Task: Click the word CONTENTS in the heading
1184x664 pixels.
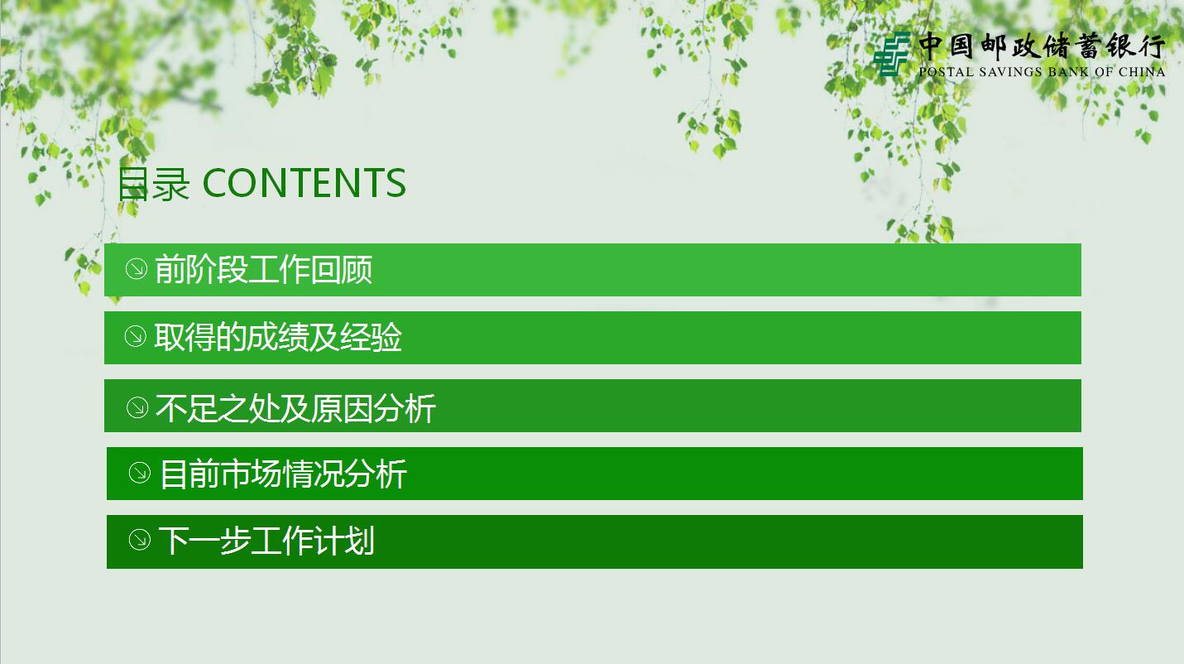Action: point(304,183)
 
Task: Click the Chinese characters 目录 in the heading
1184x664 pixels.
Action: point(154,184)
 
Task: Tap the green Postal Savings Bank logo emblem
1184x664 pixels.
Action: point(892,54)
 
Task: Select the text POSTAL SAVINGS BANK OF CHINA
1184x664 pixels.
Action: point(1042,72)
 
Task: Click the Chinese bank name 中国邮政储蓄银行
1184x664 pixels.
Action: point(1042,46)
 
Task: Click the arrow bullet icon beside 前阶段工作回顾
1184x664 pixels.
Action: point(136,269)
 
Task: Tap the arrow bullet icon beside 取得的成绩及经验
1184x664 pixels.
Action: point(135,337)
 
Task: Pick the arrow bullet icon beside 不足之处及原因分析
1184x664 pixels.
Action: point(137,407)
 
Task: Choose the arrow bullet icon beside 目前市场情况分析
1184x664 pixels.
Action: point(140,473)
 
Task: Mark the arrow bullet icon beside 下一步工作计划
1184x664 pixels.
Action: point(140,540)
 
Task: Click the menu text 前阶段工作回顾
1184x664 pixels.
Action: point(263,270)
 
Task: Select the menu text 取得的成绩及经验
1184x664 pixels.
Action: point(278,338)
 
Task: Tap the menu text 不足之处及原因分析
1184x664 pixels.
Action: point(295,408)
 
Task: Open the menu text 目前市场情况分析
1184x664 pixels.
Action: point(283,474)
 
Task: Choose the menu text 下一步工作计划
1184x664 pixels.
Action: point(266,541)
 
